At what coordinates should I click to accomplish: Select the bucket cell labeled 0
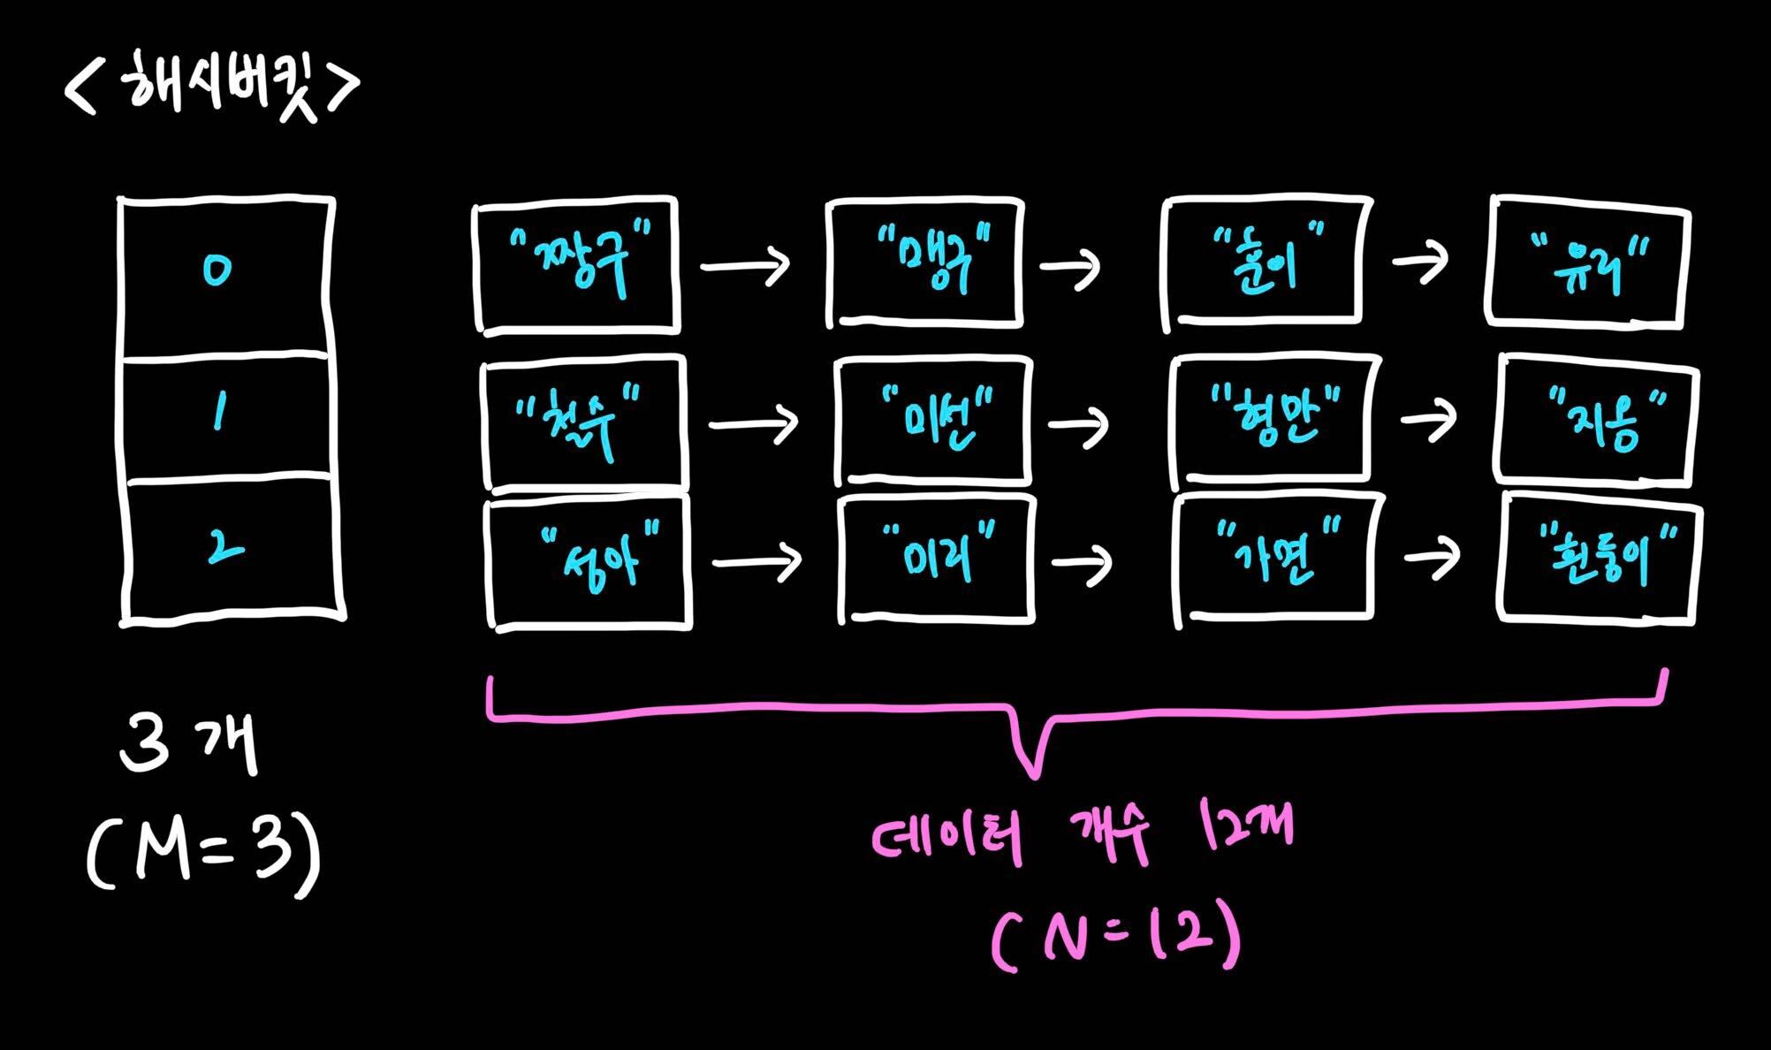226,277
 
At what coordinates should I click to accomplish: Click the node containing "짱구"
578,264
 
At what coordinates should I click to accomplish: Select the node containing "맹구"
924,262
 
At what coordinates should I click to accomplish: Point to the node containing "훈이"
1266,260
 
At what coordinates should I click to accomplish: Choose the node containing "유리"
1588,262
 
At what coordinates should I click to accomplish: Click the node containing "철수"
584,422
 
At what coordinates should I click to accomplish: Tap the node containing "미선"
934,421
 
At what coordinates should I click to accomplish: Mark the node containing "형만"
1274,422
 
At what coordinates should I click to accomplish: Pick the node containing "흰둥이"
1600,559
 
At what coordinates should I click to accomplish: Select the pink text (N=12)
1116,941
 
